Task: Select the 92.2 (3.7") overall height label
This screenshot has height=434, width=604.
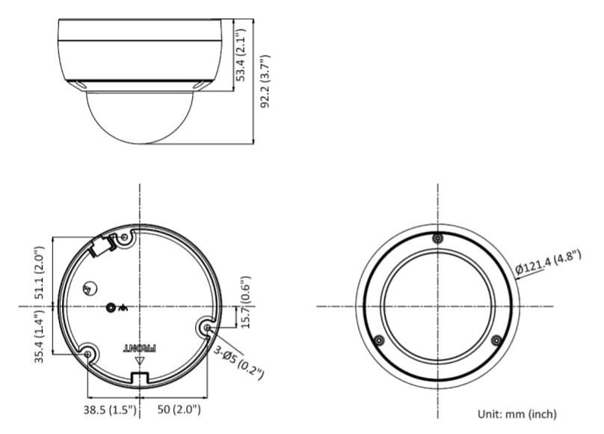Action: click(x=265, y=82)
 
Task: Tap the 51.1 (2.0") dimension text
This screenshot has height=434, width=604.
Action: click(x=40, y=273)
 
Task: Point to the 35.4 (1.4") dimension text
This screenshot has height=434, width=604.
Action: click(x=40, y=336)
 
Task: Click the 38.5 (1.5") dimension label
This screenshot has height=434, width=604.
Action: click(x=110, y=410)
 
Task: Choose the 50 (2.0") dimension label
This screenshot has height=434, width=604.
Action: click(x=179, y=409)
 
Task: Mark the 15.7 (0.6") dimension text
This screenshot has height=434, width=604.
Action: click(x=245, y=302)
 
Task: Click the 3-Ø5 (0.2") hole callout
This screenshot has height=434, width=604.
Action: click(x=238, y=363)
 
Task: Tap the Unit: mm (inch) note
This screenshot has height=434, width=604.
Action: click(x=517, y=415)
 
